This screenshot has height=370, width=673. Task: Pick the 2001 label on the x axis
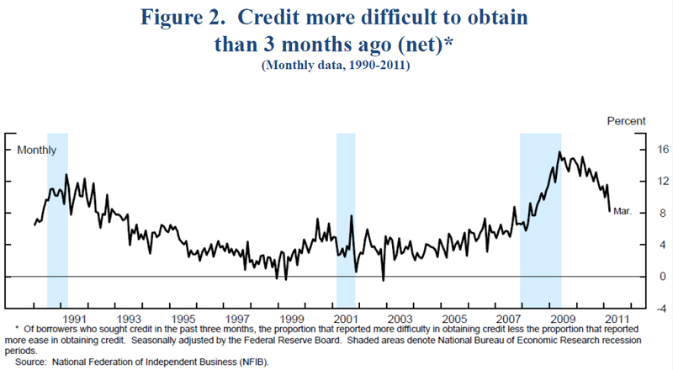345,320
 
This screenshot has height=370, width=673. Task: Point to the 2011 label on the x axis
616,320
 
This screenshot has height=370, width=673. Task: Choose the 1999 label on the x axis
291,320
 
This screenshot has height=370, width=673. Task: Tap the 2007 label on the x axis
508,320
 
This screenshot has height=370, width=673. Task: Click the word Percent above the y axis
626,122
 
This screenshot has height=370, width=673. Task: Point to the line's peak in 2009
559,152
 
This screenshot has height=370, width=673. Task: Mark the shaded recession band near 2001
346,219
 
